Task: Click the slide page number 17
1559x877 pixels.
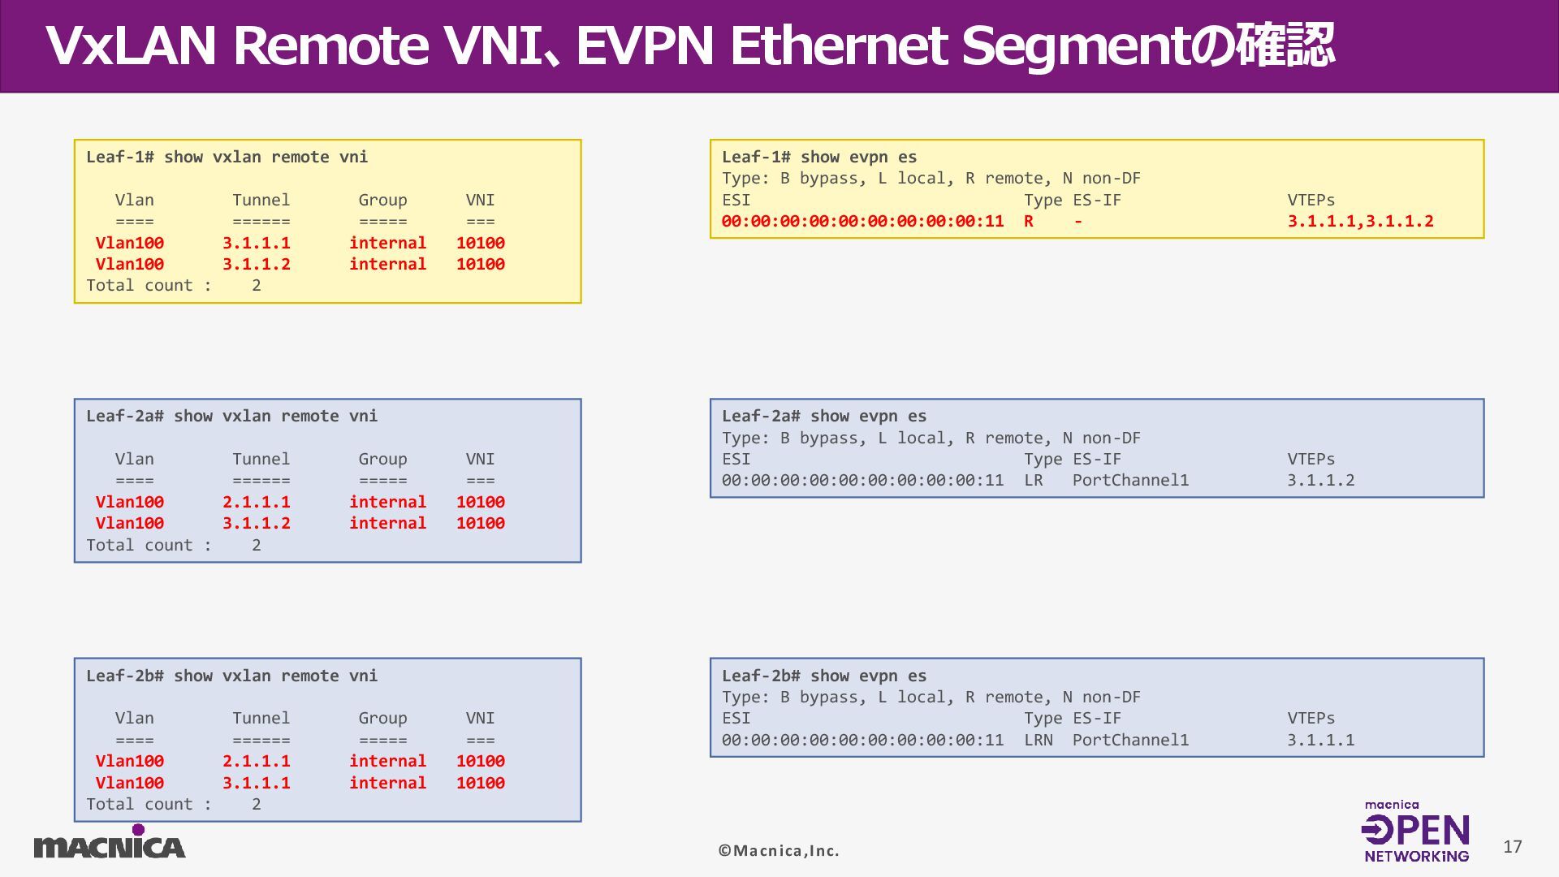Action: pos(1512,847)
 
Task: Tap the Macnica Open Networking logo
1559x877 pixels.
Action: pos(1416,832)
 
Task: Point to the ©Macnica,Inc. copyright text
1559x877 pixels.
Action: pos(779,850)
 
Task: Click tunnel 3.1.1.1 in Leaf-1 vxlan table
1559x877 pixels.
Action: pos(256,243)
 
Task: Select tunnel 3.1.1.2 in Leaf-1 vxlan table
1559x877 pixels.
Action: pos(256,264)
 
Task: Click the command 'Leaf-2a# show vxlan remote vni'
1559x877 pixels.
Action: pos(231,416)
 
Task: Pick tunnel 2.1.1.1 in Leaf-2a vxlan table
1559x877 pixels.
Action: pos(256,502)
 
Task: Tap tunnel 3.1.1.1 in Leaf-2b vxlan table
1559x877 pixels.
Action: pos(256,783)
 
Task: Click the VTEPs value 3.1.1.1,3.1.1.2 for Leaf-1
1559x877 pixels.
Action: pos(1360,221)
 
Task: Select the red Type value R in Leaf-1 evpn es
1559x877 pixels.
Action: pos(1029,221)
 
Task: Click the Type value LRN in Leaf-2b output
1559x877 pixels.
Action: pos(1038,740)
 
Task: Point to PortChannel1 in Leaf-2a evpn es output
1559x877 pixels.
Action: pos(1130,480)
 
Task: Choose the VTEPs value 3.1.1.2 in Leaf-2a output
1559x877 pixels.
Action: pos(1320,480)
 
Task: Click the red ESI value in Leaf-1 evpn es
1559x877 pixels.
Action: pos(862,221)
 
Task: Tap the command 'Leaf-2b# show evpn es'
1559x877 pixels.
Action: pos(824,676)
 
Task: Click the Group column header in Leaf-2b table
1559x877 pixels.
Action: pos(382,718)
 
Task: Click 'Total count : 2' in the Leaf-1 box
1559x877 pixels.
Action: pos(173,285)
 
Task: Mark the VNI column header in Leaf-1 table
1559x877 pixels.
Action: pos(480,200)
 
